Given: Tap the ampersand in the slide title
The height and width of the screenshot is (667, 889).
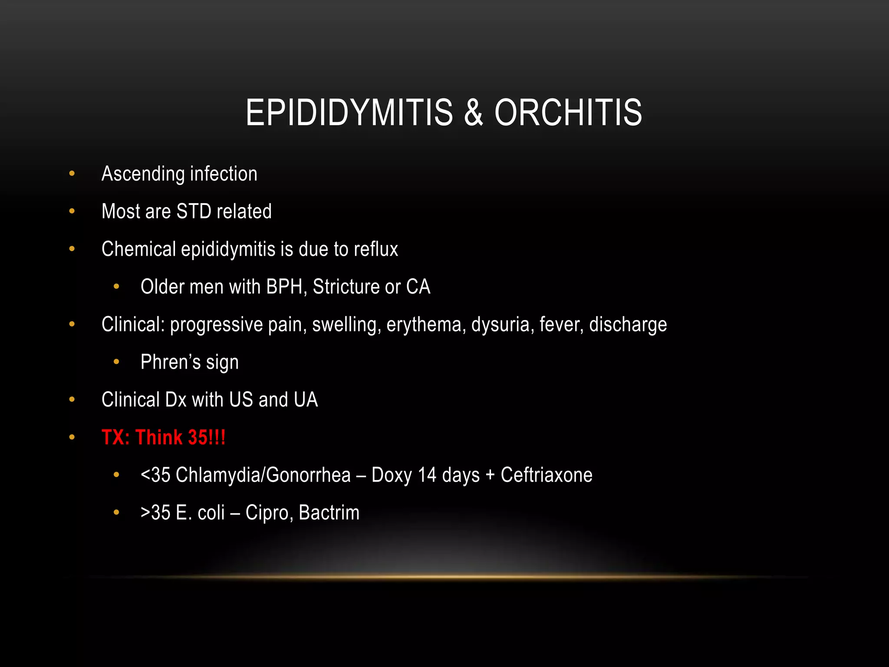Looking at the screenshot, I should click(x=473, y=113).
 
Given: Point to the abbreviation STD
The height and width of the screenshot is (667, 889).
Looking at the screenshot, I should click(x=194, y=211).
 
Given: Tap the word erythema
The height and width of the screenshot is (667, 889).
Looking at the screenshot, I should click(x=424, y=325).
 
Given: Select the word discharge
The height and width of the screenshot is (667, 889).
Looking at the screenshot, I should click(x=628, y=325).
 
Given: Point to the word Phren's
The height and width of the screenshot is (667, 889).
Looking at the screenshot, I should click(x=171, y=362).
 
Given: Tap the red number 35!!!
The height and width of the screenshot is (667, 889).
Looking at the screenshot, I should click(x=207, y=437).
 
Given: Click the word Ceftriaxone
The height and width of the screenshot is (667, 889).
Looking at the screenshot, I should click(x=547, y=475).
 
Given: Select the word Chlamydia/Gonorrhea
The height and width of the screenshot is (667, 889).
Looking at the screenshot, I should click(x=263, y=475).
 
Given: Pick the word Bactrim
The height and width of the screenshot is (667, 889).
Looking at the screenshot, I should click(x=329, y=513).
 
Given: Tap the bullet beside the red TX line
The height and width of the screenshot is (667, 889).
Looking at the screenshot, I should click(x=72, y=437).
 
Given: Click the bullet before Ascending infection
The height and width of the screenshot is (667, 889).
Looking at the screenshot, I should click(x=72, y=174).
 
